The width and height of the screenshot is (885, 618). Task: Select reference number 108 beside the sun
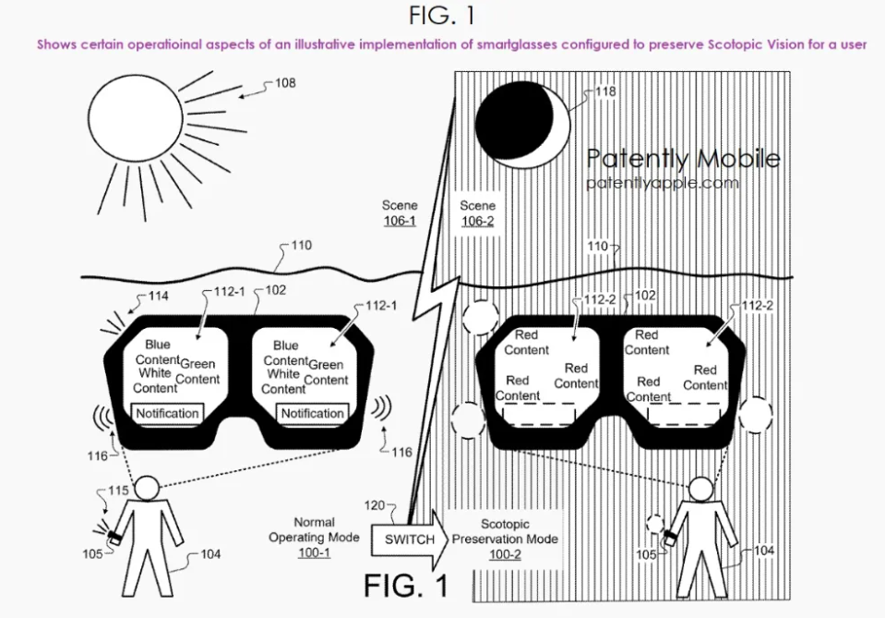(286, 84)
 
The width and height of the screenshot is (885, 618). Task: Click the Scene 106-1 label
(400, 213)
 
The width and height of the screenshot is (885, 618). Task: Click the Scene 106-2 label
(478, 213)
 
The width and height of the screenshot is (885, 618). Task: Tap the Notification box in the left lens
(167, 413)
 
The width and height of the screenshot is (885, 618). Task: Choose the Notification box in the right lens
(313, 413)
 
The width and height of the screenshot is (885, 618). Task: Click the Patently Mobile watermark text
(683, 159)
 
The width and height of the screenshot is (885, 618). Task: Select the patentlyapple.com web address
(663, 183)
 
